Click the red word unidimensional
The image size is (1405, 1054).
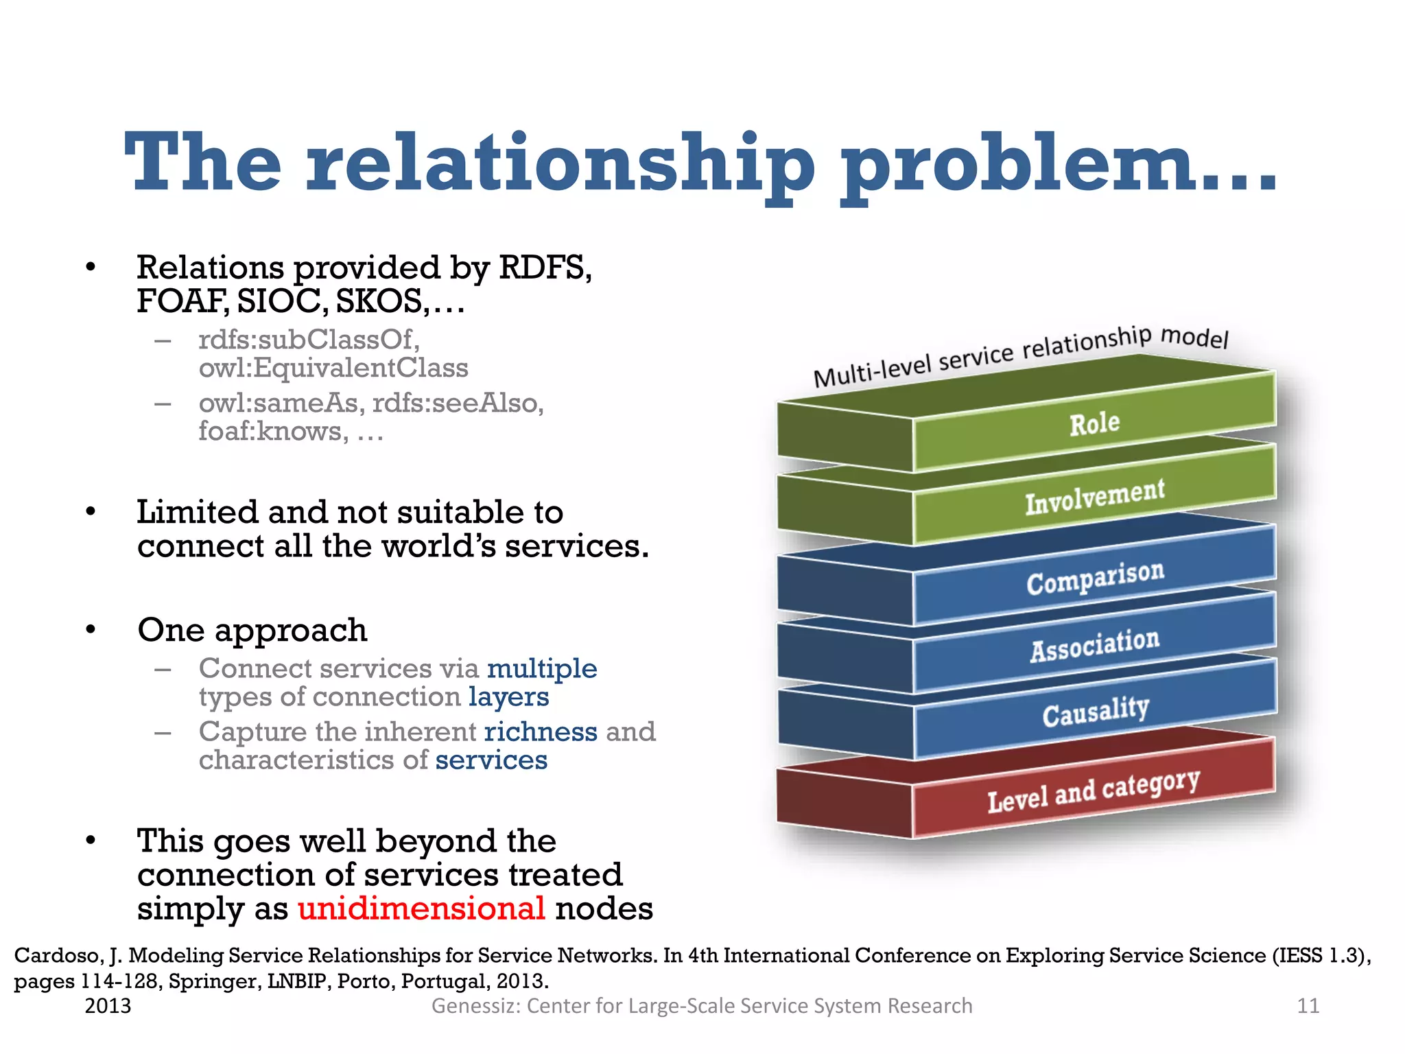[x=421, y=909]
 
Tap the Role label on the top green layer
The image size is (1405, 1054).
[x=1094, y=423]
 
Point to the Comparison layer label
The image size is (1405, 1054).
[x=1095, y=578]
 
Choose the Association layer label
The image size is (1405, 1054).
[x=1095, y=645]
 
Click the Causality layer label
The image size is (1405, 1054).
[x=1096, y=712]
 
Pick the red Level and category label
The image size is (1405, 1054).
[x=1094, y=790]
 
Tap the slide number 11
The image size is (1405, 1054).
[x=1308, y=1006]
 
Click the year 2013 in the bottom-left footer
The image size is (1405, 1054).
[x=108, y=1006]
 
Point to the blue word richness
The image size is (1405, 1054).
[x=541, y=731]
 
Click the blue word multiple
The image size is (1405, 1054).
[x=542, y=668]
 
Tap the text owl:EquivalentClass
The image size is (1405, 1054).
[x=333, y=368]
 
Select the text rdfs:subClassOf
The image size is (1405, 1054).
[x=308, y=340]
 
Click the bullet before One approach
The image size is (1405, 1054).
[x=91, y=630]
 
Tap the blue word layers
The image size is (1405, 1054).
[x=508, y=697]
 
